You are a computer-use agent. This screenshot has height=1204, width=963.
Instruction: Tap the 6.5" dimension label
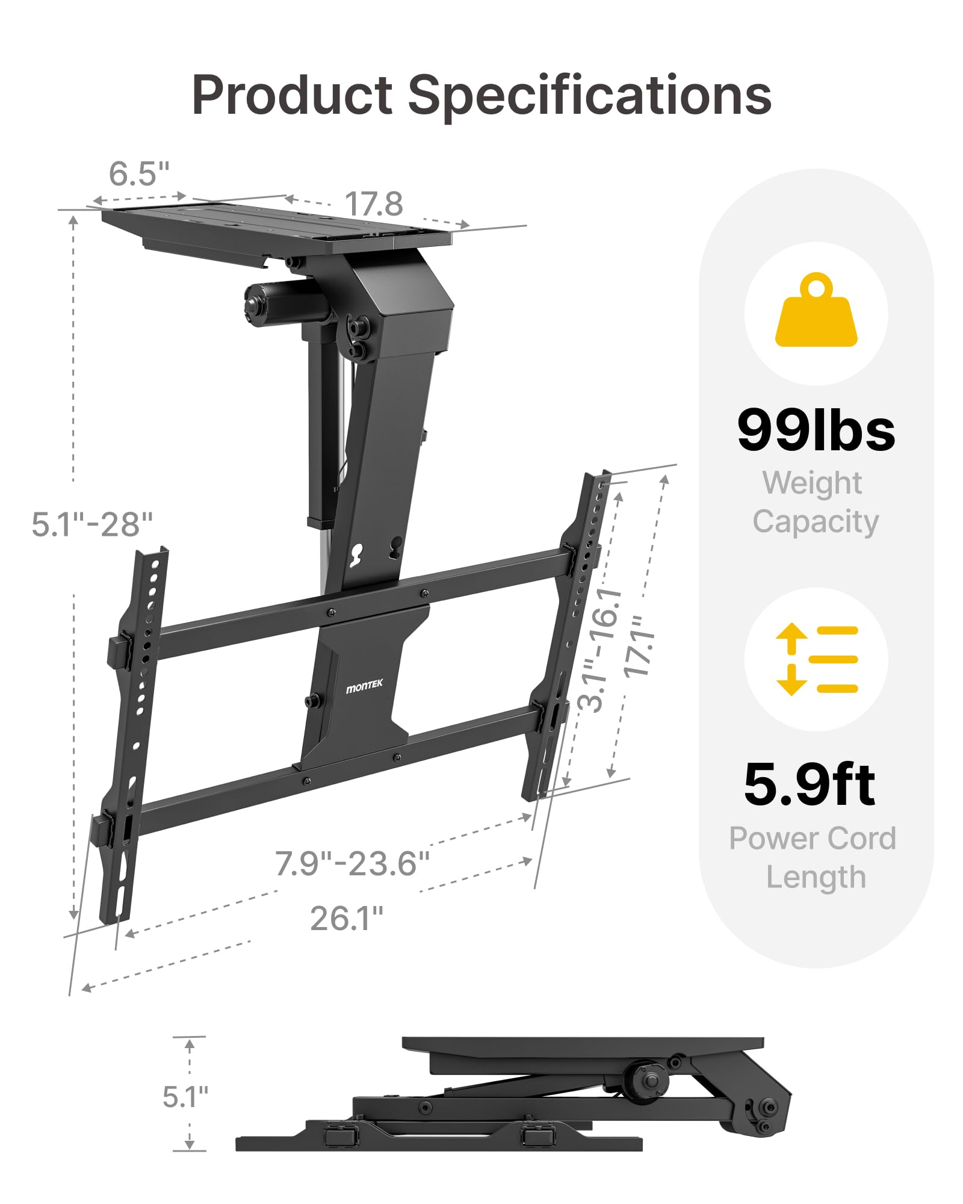[x=139, y=174]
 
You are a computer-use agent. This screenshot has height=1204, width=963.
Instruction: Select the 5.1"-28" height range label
[x=92, y=524]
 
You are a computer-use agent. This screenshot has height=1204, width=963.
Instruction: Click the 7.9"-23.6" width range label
[x=352, y=863]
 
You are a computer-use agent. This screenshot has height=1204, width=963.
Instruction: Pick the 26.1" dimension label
[x=347, y=919]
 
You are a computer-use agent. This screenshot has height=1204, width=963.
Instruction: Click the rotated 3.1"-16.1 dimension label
[x=600, y=650]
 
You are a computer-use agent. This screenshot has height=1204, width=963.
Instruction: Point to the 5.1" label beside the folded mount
[x=185, y=1097]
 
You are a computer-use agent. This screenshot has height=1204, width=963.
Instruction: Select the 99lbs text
[x=816, y=430]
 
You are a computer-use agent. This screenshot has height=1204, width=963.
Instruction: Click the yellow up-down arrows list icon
[x=816, y=659]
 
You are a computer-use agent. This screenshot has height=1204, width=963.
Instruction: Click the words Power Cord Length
[x=813, y=857]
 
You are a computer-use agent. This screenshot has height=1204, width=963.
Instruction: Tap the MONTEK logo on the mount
[x=364, y=686]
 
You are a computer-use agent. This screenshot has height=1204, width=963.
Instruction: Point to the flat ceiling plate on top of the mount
[x=277, y=226]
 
